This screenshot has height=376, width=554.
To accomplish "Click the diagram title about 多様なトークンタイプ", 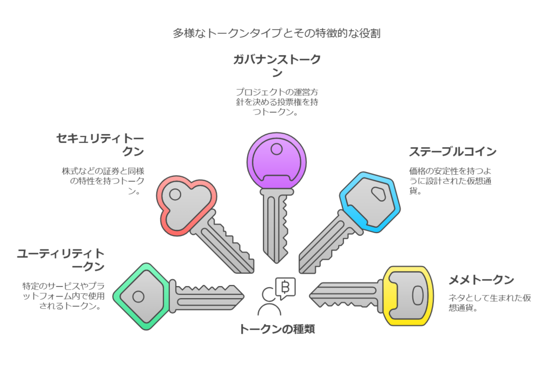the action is [276, 33].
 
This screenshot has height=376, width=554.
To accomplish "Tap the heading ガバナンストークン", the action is [276, 65].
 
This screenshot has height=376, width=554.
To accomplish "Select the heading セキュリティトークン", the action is [100, 144].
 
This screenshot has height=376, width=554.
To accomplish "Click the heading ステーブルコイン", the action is [453, 151].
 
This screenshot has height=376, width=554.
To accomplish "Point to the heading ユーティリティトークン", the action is [61, 260].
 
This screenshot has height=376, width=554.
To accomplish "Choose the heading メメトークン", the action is [481, 280].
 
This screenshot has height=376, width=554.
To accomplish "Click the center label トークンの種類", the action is [277, 329].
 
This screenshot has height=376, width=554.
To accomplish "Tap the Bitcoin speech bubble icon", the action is [285, 288].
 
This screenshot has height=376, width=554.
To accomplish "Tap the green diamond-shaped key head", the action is [140, 296].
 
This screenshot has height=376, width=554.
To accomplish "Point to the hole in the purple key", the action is [276, 149].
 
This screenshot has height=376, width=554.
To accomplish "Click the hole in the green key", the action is [138, 296].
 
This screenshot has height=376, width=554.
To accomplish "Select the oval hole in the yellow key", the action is [418, 295].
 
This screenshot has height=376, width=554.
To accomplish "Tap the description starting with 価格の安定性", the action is [450, 181].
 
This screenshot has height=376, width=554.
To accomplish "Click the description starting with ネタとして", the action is [490, 303].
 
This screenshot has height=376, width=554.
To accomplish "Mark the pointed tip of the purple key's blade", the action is [276, 262].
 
